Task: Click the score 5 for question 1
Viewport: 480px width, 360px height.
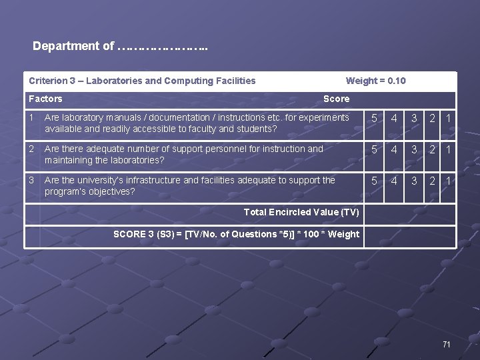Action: click(x=375, y=119)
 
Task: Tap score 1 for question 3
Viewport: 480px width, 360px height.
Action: click(x=449, y=181)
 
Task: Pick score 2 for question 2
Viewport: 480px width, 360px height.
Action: click(x=432, y=150)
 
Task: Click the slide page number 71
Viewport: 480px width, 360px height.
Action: click(x=447, y=344)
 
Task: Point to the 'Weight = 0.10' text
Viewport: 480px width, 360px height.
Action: click(x=375, y=81)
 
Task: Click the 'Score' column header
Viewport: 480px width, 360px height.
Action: click(x=336, y=99)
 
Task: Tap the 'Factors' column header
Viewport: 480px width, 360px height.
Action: click(x=45, y=99)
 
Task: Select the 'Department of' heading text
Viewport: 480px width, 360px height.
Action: click(x=73, y=47)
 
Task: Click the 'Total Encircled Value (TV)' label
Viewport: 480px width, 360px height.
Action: click(x=301, y=213)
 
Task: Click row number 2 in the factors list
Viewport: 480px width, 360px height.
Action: click(x=31, y=149)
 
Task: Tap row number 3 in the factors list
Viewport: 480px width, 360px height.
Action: click(x=31, y=180)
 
